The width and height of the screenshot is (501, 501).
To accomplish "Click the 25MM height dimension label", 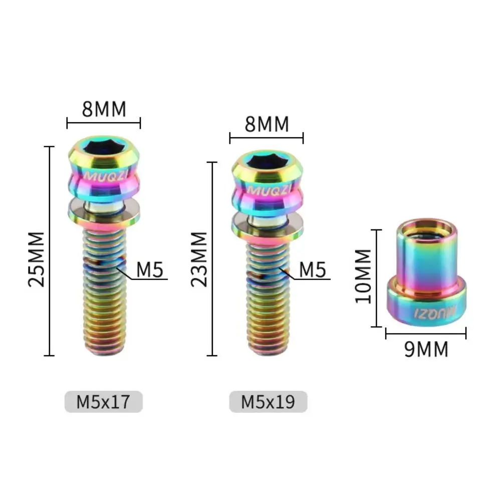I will [37, 259].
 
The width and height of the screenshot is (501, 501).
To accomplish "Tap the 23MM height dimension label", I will [200, 259].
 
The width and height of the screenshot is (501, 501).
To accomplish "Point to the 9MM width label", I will [426, 350].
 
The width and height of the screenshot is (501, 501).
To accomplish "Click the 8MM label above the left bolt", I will [104, 109].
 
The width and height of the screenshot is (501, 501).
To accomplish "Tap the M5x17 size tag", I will [104, 402].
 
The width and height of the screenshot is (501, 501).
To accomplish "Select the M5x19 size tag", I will [268, 402].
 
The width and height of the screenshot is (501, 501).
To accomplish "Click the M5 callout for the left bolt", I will [151, 270].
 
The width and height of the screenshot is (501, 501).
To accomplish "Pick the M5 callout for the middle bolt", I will [313, 270].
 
